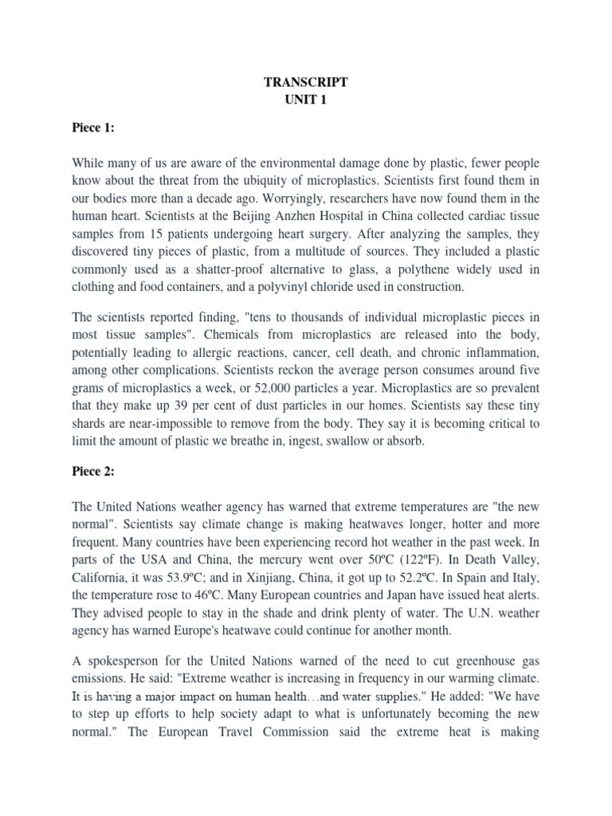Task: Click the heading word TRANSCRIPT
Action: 305,81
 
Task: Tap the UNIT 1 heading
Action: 305,100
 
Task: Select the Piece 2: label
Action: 92,471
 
